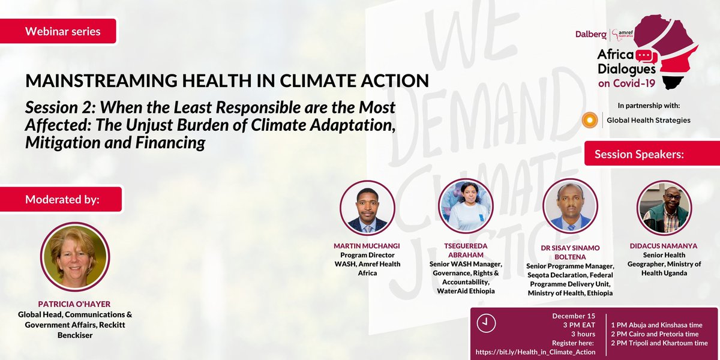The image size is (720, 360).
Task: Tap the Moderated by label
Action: [63, 199]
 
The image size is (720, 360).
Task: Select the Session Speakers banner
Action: [640, 154]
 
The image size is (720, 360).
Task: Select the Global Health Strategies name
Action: [649, 120]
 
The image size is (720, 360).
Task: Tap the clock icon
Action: [486, 323]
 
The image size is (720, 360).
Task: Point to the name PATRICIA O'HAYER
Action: [74, 305]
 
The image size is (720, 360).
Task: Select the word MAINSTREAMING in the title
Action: [95, 80]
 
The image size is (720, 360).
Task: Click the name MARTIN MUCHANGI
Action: [368, 247]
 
